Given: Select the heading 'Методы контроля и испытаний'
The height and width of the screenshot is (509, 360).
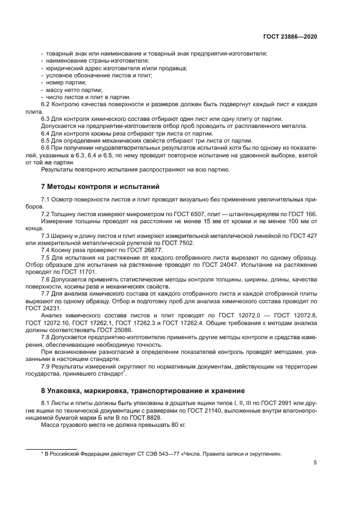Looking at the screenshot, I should (x=100, y=187).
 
